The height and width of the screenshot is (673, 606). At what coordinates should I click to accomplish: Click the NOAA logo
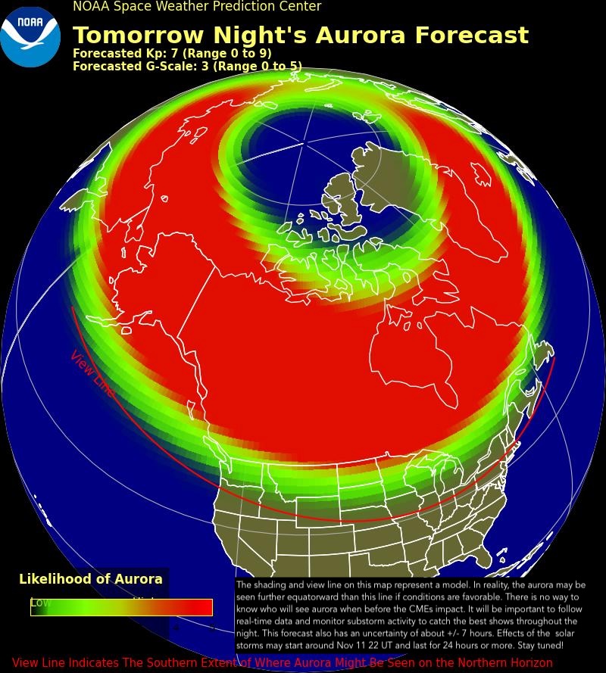[30, 36]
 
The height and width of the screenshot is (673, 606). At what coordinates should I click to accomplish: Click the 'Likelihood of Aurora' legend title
[91, 579]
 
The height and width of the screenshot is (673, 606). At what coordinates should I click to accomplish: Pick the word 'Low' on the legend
[40, 603]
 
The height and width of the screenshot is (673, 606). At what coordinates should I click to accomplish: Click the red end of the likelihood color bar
[201, 607]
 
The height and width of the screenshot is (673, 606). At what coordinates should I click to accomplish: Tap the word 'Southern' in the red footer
[205, 663]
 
